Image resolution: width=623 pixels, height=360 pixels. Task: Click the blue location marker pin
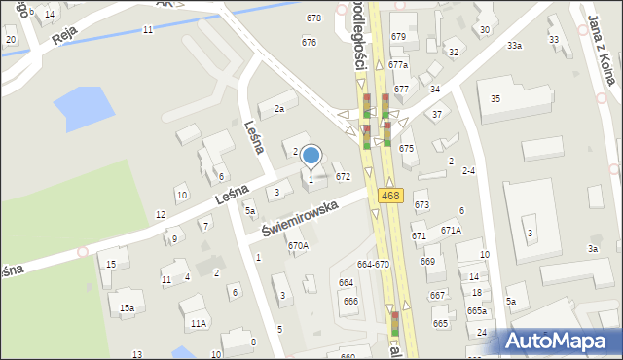coord(311,156)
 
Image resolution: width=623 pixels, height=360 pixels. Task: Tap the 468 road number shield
coord(390,196)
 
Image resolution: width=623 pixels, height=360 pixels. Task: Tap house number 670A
coord(298,246)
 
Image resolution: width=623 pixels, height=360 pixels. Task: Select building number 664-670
coord(373,264)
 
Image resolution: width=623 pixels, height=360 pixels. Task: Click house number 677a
coord(398,64)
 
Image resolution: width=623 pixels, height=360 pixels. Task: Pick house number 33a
coord(514,46)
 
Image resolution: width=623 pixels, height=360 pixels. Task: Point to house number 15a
coord(127,307)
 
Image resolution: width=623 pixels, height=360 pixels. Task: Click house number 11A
coord(199,323)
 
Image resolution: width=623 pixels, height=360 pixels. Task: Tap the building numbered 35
coord(495,98)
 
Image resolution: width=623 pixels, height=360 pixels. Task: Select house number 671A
coord(451,230)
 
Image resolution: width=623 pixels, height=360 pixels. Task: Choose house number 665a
coord(476,310)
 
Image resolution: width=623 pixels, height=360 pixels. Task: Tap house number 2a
coord(278,109)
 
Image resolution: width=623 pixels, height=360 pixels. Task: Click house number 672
coord(343,177)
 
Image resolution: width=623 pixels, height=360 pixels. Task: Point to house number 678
coord(313,18)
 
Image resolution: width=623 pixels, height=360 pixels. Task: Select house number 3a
coord(592,249)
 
